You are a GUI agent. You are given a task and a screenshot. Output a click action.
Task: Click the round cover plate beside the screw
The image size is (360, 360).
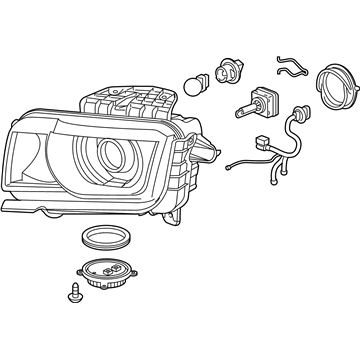pyautogui.click(x=107, y=277)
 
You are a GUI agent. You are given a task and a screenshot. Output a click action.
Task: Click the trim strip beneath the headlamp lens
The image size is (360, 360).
pyautogui.click(x=60, y=207)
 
